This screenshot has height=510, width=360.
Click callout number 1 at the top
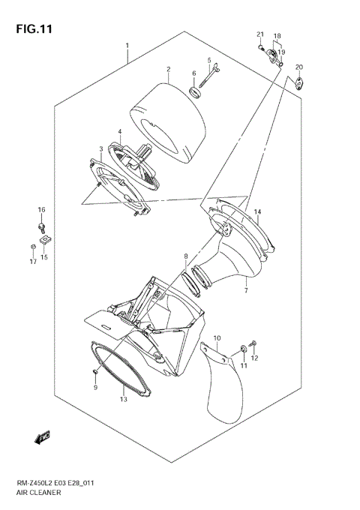[x=127, y=45]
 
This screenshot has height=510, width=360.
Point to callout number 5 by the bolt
[x=209, y=60]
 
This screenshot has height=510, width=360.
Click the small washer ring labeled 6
[x=195, y=93]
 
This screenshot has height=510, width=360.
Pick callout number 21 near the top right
[x=260, y=35]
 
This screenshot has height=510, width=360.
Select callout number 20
[x=299, y=67]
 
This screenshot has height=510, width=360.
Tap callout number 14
[x=256, y=212]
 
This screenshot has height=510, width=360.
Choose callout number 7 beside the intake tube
[x=246, y=289]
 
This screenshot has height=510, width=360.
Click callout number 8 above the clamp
[x=186, y=257]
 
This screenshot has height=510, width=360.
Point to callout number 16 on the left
[x=42, y=209]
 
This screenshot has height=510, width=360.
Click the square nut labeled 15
[x=45, y=238]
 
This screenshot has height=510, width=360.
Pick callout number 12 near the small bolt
[x=254, y=358]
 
